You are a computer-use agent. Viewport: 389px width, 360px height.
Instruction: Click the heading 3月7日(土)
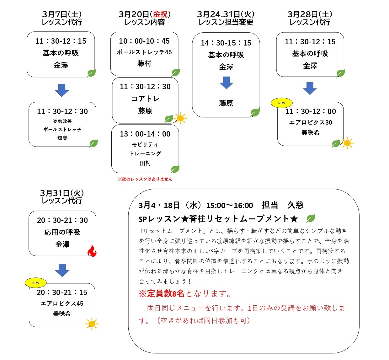[62, 14]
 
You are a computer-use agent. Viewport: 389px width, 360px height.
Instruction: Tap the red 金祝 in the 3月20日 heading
[160, 14]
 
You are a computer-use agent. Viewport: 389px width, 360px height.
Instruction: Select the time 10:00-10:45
[144, 41]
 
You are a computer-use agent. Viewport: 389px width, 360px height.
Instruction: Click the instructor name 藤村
[144, 63]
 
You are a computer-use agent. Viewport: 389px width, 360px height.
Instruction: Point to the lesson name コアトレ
[145, 99]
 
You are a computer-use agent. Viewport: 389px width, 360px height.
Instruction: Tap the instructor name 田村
[145, 163]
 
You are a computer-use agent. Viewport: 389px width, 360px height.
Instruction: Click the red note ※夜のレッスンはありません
[145, 179]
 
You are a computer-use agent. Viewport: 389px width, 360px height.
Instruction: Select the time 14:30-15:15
[226, 43]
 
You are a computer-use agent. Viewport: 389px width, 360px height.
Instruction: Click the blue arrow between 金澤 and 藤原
[226, 83]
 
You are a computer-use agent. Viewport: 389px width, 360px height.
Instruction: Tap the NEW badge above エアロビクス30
[282, 103]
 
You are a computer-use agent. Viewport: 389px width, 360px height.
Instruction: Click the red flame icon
[92, 251]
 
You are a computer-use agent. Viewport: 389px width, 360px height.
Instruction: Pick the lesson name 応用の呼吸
[62, 232]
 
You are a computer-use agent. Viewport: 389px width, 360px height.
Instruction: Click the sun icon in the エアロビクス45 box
[92, 324]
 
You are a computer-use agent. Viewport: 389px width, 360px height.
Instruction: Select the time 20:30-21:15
[62, 293]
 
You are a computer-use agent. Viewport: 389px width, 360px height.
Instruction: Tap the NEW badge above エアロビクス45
[36, 283]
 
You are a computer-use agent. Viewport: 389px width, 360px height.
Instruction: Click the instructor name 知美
[62, 138]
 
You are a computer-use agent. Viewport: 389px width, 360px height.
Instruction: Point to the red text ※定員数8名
[161, 293]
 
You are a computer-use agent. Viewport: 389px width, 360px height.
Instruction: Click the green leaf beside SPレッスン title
[311, 218]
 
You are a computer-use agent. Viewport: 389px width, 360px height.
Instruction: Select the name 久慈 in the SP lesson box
[295, 205]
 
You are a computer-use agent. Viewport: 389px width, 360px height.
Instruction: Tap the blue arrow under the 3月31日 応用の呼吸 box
[62, 270]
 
